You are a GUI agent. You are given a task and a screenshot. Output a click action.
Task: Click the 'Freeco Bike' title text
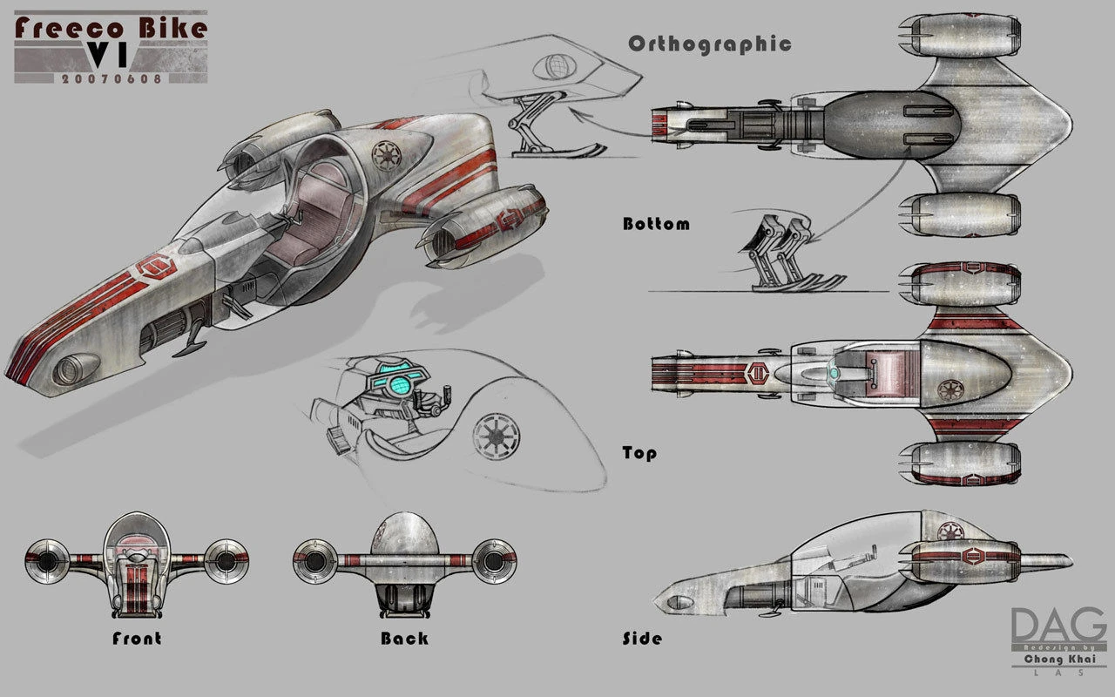pos(111,28)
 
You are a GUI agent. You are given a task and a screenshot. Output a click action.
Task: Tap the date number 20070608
pos(111,78)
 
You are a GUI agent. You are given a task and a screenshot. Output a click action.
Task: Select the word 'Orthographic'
pos(709,44)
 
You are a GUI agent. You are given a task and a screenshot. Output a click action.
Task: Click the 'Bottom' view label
pos(656,224)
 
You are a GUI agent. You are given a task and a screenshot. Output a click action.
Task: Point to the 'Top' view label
pos(639,453)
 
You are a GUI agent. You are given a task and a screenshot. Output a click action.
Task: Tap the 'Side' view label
pos(642,639)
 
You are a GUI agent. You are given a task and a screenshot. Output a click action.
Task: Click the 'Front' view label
pos(137,639)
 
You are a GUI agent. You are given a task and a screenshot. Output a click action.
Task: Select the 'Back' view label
pos(404,639)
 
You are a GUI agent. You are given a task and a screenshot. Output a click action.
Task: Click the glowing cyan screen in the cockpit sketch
pos(400,382)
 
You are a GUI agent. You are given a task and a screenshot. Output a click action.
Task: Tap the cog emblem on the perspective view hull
pos(385,155)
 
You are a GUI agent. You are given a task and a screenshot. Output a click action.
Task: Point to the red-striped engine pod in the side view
pos(960,553)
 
